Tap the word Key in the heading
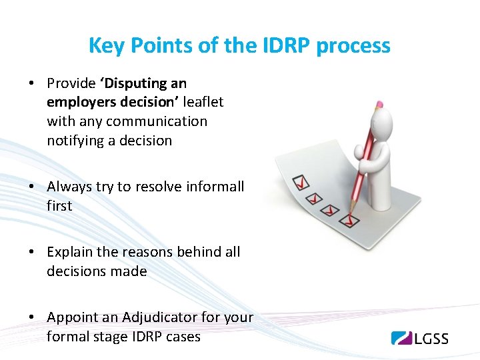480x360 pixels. coord(103,46)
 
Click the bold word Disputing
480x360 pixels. coord(128,83)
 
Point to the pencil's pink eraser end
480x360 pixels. coord(379,105)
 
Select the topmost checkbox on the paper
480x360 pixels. coord(302,182)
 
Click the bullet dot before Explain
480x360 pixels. coord(31,253)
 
